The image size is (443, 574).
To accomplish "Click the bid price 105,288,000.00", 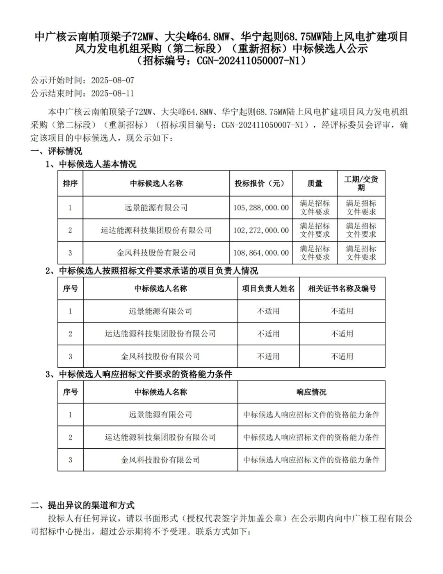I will click(x=261, y=208).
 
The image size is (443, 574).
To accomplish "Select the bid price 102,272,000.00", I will click(x=261, y=231).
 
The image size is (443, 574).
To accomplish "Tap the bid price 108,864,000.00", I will click(x=261, y=253).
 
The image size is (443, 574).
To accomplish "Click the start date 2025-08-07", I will click(x=112, y=80).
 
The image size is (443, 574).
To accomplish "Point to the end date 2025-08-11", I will click(x=112, y=93).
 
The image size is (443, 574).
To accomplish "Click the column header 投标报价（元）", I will click(x=259, y=184).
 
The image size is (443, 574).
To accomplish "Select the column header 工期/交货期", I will click(x=361, y=183).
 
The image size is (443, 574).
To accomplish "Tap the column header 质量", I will click(x=315, y=184).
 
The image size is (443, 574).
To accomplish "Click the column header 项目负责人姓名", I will click(x=268, y=289).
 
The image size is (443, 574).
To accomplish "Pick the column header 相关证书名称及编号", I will click(x=342, y=289).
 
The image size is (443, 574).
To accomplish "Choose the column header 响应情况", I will click(x=311, y=392).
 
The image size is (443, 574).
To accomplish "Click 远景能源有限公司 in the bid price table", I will click(x=156, y=208).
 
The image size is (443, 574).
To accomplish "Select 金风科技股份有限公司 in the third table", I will click(x=160, y=460).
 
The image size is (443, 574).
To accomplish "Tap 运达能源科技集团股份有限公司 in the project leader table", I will click(x=160, y=334).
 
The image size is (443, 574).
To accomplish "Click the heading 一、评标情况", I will click(x=56, y=151).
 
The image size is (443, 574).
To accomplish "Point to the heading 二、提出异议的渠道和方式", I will click(x=82, y=505).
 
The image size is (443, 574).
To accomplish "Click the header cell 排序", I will click(x=70, y=184).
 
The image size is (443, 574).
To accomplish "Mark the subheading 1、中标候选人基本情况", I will click(x=91, y=164).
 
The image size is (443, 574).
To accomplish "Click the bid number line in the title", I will click(x=221, y=61).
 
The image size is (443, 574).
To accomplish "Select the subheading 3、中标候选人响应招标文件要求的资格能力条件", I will click(x=139, y=374).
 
